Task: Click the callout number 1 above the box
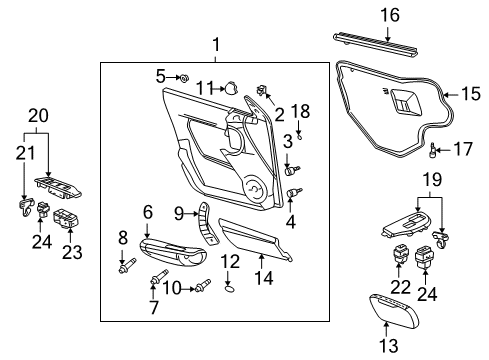tap(214, 45)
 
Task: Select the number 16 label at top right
tap(390, 14)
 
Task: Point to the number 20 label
tap(36, 116)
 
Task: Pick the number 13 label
tap(388, 345)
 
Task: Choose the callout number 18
tap(295, 110)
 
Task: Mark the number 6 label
tap(147, 212)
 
